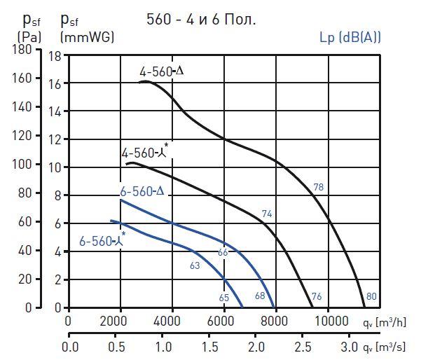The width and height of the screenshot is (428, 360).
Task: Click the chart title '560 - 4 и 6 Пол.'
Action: click(x=200, y=20)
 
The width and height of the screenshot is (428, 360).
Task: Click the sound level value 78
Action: click(x=318, y=187)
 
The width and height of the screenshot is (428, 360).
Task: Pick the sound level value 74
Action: click(x=266, y=214)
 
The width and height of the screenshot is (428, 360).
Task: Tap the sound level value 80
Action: click(x=371, y=296)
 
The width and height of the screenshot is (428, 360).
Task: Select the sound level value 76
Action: click(x=316, y=296)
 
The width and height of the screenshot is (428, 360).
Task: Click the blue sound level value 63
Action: click(x=195, y=265)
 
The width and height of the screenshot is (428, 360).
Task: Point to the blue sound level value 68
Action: click(x=260, y=296)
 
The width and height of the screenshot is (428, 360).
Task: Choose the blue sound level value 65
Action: click(x=223, y=298)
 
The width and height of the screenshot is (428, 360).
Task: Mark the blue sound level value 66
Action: click(x=223, y=252)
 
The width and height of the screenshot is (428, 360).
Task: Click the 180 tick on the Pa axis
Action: click(x=22, y=50)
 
